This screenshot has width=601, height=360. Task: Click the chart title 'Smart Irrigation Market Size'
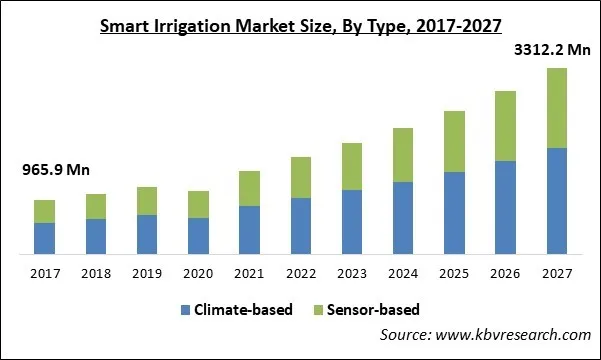pyautogui.click(x=300, y=26)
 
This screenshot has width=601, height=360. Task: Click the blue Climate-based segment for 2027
pyautogui.click(x=556, y=201)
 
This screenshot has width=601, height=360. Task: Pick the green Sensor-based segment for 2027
pyautogui.click(x=556, y=108)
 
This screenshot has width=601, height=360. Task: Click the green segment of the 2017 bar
pyautogui.click(x=45, y=211)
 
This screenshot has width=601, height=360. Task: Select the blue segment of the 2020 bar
pyautogui.click(x=199, y=236)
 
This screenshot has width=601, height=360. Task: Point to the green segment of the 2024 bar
pyautogui.click(x=403, y=155)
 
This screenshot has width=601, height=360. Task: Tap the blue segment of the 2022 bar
pyautogui.click(x=301, y=226)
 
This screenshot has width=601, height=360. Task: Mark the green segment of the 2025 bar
pyautogui.click(x=454, y=141)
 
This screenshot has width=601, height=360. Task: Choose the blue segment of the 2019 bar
pyautogui.click(x=147, y=234)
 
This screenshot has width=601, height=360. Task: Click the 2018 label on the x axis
pyautogui.click(x=96, y=272)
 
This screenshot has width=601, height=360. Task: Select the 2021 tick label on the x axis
pyautogui.click(x=249, y=272)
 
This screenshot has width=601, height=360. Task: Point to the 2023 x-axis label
pyautogui.click(x=352, y=272)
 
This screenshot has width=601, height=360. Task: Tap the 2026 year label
pyautogui.click(x=505, y=272)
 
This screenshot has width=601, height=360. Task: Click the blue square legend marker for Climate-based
pyautogui.click(x=185, y=310)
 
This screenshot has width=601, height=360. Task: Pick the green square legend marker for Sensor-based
pyautogui.click(x=321, y=310)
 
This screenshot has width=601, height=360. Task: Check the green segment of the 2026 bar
pyautogui.click(x=505, y=126)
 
